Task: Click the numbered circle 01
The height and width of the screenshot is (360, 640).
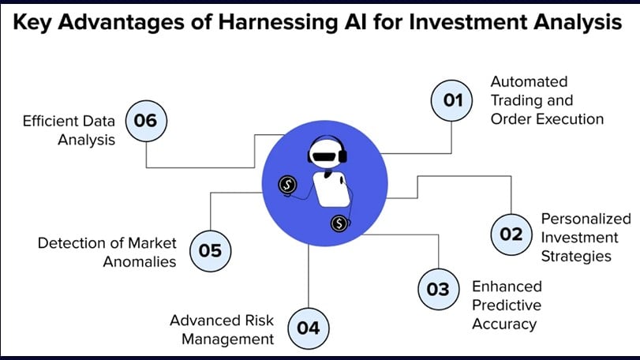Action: pyautogui.click(x=451, y=100)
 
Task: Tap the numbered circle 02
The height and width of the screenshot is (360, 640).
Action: pyautogui.click(x=511, y=234)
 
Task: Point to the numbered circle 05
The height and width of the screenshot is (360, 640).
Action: pyautogui.click(x=210, y=250)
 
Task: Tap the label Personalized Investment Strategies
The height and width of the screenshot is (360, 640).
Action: pyautogui.click(x=586, y=237)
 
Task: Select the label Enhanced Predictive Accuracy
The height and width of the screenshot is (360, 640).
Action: pyautogui.click(x=507, y=305)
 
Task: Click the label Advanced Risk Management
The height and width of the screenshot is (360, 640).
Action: pyautogui.click(x=222, y=330)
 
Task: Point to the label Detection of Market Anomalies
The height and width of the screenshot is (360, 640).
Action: pyautogui.click(x=107, y=252)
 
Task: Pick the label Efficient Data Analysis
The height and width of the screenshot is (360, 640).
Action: pyautogui.click(x=70, y=130)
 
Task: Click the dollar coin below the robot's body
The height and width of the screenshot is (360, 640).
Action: pyautogui.click(x=339, y=224)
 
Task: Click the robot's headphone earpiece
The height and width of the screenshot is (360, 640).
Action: pyautogui.click(x=344, y=155)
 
